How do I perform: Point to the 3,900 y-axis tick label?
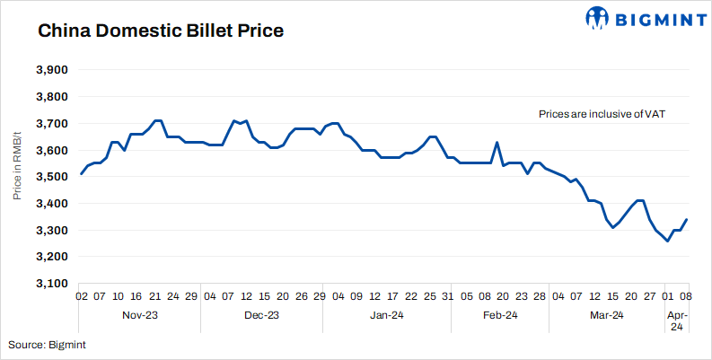pyautogui.click(x=51, y=70)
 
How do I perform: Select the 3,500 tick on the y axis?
pyautogui.click(x=51, y=177)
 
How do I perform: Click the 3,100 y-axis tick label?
pyautogui.click(x=51, y=284)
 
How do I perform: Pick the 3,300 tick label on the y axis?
pyautogui.click(x=51, y=231)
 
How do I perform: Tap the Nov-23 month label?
pyautogui.click(x=139, y=315)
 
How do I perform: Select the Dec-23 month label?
pyautogui.click(x=261, y=315)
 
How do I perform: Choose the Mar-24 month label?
pyautogui.click(x=606, y=315)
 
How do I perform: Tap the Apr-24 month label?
pyautogui.click(x=677, y=320)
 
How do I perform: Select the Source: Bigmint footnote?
pyautogui.click(x=48, y=344)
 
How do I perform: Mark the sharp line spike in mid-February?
pyautogui.click(x=497, y=142)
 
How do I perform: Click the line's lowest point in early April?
pyautogui.click(x=667, y=241)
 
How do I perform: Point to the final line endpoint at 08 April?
pyautogui.click(x=687, y=220)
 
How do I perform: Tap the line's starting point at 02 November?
pyautogui.click(x=81, y=174)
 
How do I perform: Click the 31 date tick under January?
pyautogui.click(x=447, y=295)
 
